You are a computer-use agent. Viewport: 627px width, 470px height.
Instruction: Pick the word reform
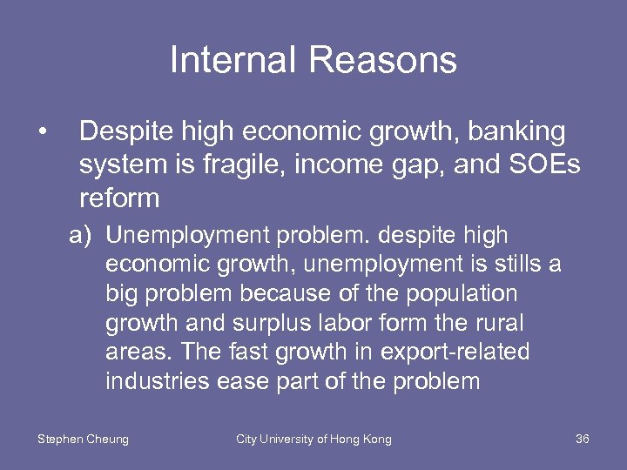(119, 198)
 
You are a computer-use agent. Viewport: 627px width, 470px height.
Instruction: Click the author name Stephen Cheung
(83, 439)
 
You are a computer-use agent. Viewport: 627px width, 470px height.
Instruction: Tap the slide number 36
(583, 439)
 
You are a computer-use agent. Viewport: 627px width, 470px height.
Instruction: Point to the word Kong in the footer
(376, 439)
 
